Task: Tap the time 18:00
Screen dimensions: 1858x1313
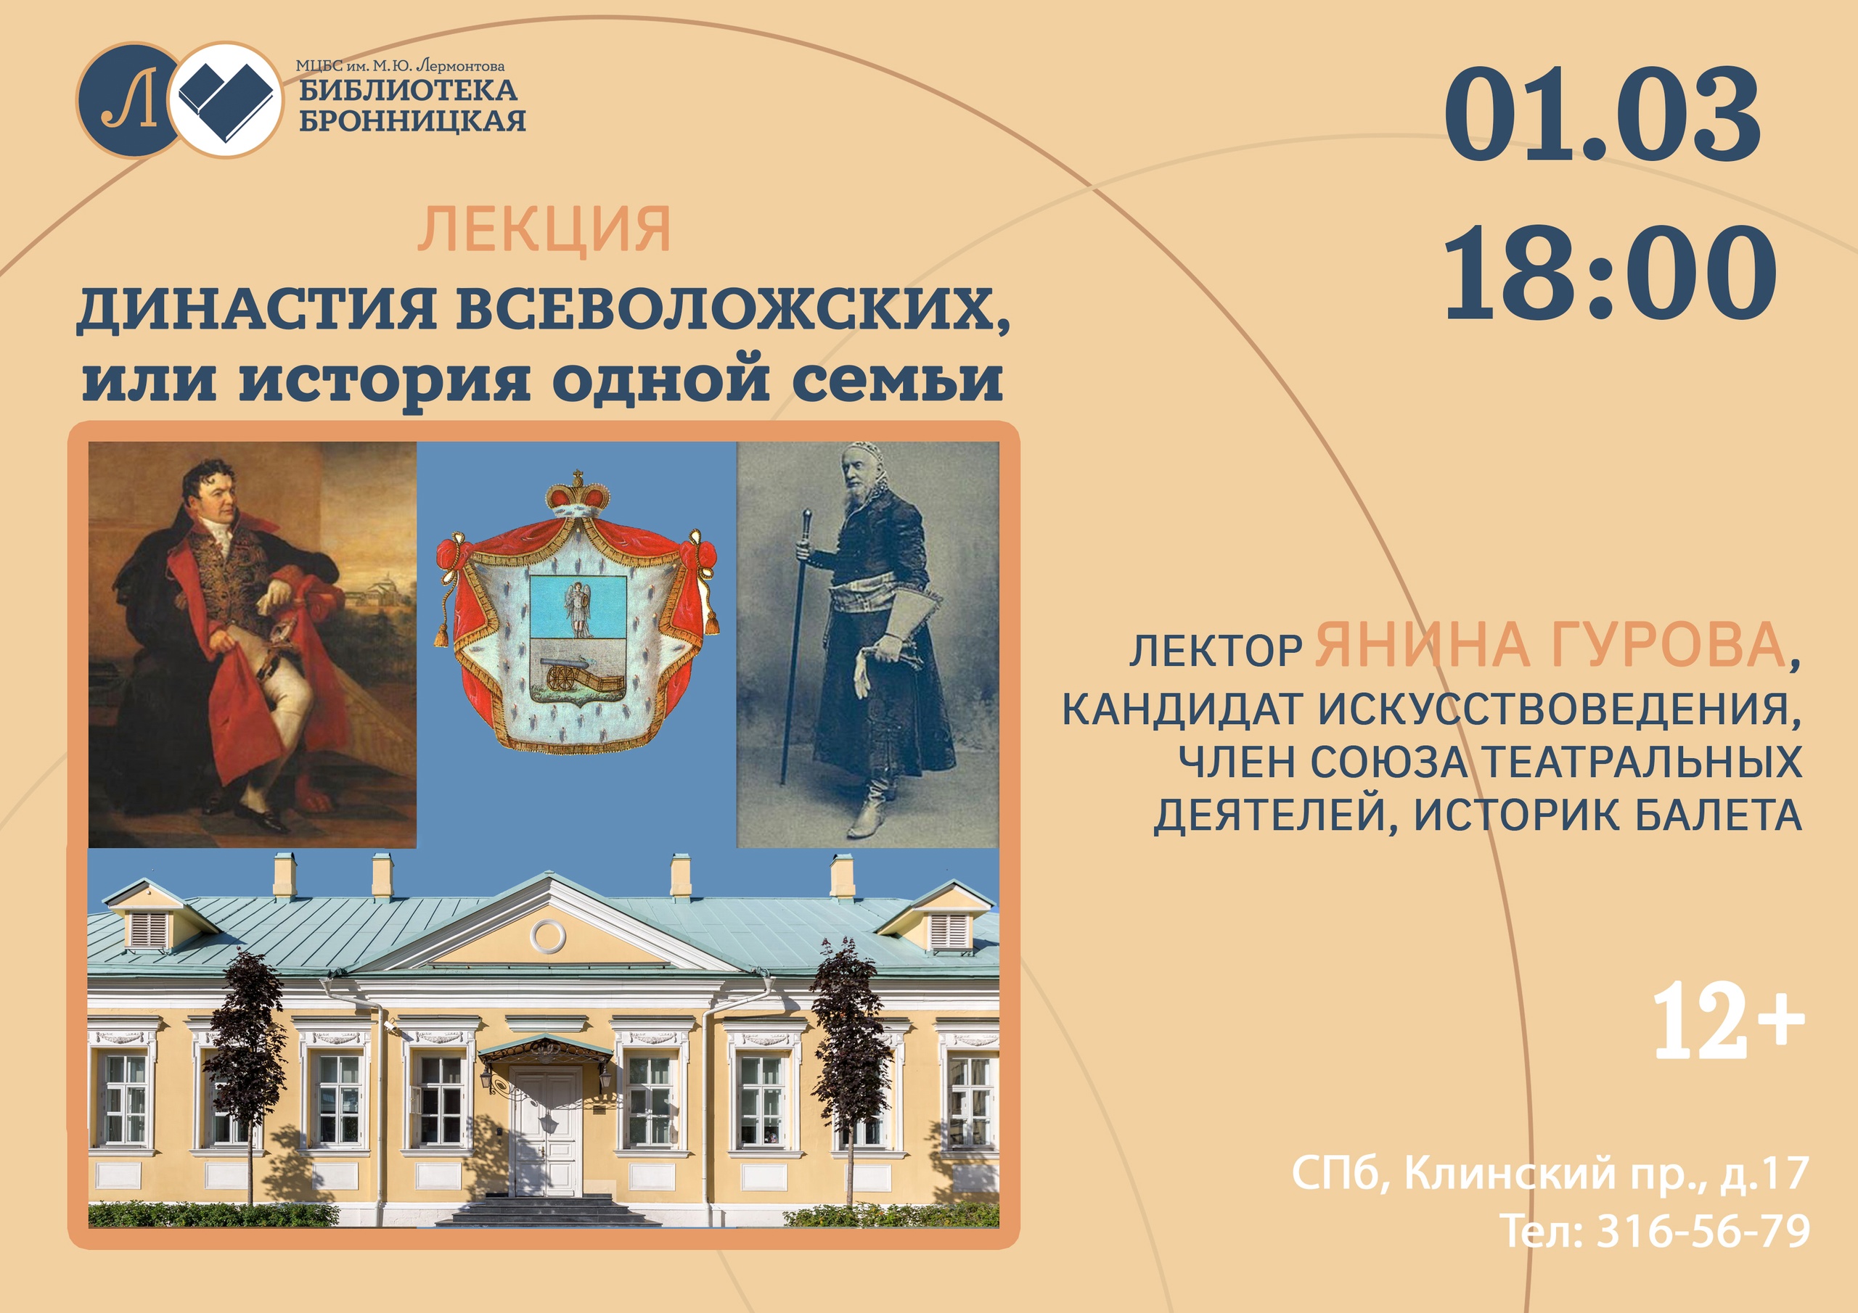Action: pos(1609,273)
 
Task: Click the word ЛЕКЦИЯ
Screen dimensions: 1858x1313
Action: pos(544,230)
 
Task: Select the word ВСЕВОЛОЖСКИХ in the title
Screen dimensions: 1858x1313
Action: pos(733,309)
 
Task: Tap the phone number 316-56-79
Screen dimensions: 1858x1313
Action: pos(1703,1232)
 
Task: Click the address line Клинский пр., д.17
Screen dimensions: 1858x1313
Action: pos(1605,1172)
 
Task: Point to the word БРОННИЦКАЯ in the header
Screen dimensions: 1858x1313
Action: pos(412,120)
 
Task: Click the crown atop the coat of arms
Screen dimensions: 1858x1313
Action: pos(578,493)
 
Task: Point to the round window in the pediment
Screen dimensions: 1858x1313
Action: pos(548,937)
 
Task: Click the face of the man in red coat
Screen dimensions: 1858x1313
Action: pos(213,493)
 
